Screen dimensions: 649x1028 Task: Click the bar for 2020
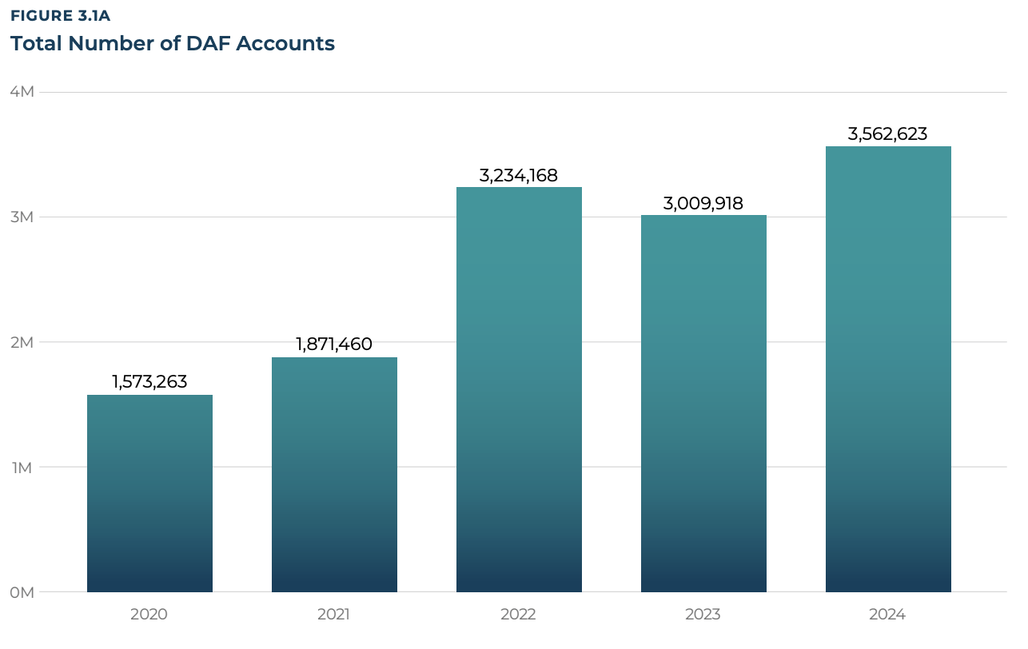[149, 493]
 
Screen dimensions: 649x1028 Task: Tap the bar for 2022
[519, 389]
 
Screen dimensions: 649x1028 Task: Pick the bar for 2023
[703, 404]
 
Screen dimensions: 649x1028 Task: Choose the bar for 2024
[888, 369]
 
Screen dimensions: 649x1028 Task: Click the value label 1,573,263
[149, 382]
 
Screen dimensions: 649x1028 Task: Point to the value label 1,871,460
[334, 344]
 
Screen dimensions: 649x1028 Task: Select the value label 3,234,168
[519, 175]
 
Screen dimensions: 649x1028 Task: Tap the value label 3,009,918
[703, 203]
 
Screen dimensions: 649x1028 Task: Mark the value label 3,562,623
[888, 134]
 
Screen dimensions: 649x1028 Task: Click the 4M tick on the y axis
[22, 92]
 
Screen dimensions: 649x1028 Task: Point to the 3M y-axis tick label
[22, 217]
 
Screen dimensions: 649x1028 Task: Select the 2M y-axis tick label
[22, 342]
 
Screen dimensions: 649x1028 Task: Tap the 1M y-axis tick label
[22, 467]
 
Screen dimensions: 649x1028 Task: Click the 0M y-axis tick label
[22, 592]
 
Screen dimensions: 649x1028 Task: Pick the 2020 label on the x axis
[149, 615]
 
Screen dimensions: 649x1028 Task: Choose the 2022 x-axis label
[519, 615]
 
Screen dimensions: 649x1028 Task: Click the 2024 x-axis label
[888, 615]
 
